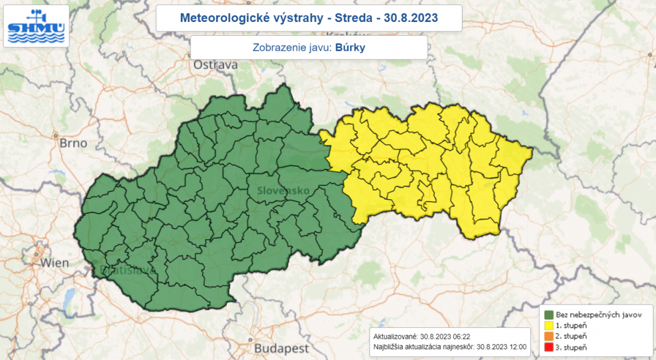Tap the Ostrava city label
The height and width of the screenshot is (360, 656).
(x=216, y=65)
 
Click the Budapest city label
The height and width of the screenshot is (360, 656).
(x=280, y=348)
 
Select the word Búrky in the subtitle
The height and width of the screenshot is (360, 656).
(x=350, y=47)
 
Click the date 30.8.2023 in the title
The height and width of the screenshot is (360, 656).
(x=411, y=18)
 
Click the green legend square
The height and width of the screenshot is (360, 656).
(x=549, y=315)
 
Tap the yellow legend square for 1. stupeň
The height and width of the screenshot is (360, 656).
(x=549, y=325)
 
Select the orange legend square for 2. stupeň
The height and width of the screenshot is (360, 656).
(x=549, y=337)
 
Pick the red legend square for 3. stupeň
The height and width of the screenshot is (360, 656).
(x=549, y=347)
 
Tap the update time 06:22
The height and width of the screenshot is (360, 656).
(x=461, y=336)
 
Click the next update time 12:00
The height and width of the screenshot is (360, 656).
(x=518, y=346)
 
